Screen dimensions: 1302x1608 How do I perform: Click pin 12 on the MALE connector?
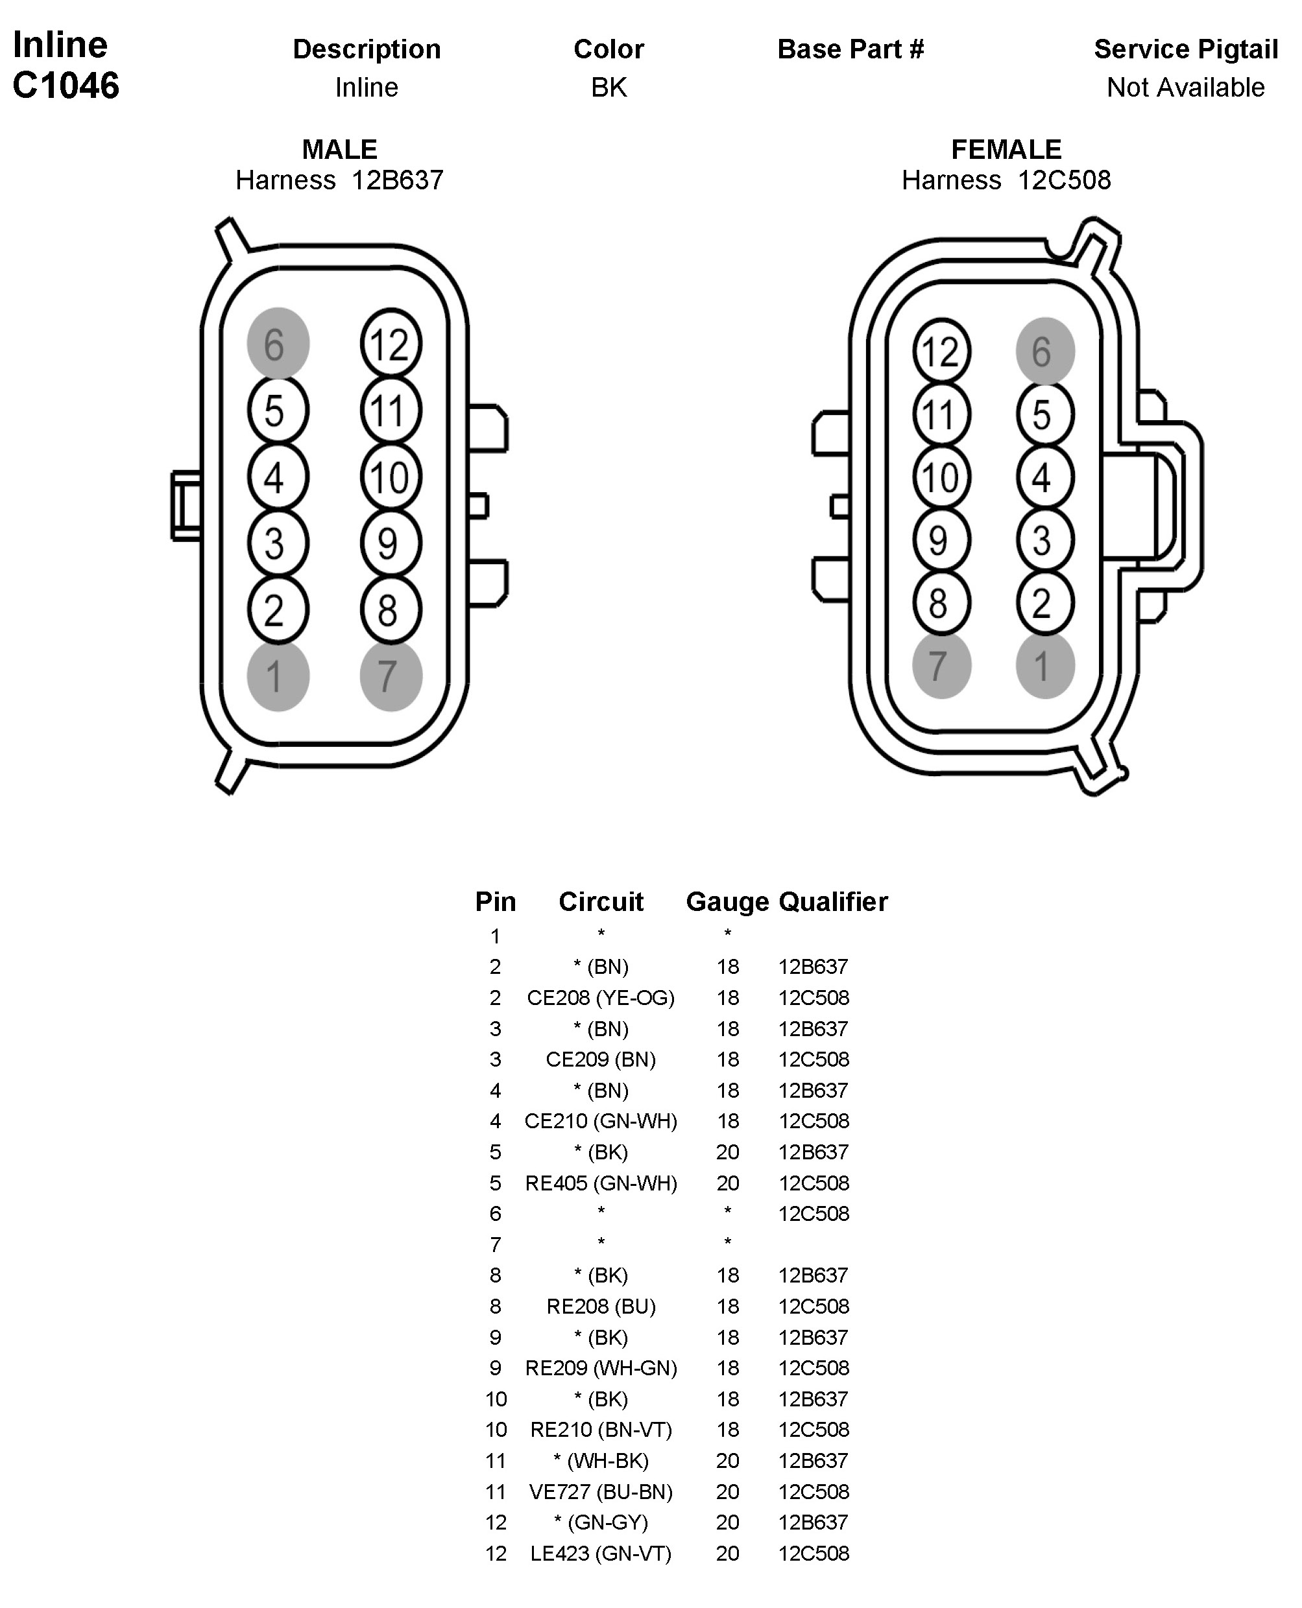(x=390, y=344)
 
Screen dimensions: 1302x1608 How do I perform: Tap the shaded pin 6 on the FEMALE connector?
(x=1044, y=351)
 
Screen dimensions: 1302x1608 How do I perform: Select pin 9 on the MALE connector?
(x=390, y=543)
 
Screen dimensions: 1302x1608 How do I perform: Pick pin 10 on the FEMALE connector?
(x=941, y=477)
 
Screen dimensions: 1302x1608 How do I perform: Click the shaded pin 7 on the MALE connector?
(x=390, y=676)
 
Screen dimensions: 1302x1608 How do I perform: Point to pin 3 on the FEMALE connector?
(x=1044, y=539)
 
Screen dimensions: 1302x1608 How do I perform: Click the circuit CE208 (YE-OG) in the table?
(x=601, y=998)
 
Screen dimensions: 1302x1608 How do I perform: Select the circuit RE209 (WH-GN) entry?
(x=601, y=1368)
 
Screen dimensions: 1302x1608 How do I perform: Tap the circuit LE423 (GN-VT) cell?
(x=601, y=1554)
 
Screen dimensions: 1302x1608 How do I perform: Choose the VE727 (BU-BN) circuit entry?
(x=601, y=1492)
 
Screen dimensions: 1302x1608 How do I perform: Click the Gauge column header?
(x=727, y=901)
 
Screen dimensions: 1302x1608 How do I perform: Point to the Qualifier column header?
(x=833, y=901)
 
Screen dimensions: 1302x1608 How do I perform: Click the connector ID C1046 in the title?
(x=66, y=86)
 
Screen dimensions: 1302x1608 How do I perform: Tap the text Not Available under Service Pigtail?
(x=1185, y=88)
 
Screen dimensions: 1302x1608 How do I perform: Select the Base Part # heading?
(x=850, y=49)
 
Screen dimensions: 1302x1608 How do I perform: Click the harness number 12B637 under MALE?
(x=398, y=181)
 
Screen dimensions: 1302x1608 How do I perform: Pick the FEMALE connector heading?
(x=1006, y=150)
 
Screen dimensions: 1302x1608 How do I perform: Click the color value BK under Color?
(x=609, y=88)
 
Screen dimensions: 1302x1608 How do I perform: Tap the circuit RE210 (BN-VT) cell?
(x=601, y=1430)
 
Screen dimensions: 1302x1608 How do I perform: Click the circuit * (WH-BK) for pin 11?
(x=601, y=1461)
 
